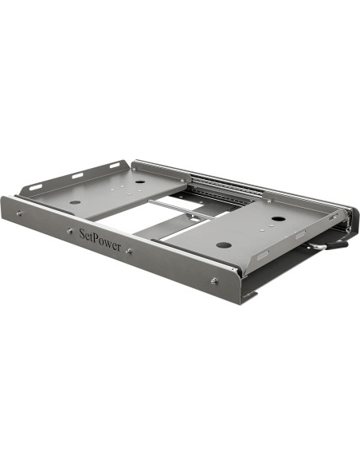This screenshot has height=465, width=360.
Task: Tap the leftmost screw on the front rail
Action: pos(19,213)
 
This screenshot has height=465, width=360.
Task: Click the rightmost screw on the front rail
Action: pos(213,279)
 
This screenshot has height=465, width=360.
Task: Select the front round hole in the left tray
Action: pos(74,202)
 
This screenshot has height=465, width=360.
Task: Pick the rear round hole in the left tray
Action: pos(140,182)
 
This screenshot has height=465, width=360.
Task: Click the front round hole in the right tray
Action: pos(224,244)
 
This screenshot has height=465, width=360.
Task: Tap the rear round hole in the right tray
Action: pos(278,219)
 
